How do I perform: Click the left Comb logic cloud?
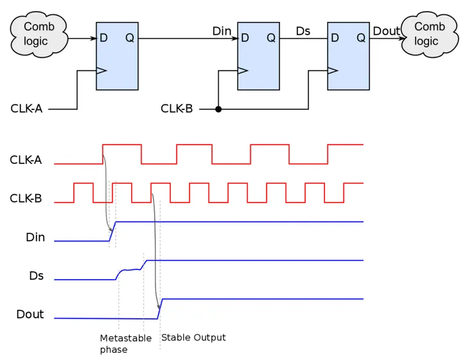39,34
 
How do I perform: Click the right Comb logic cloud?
429,34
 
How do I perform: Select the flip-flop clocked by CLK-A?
117,56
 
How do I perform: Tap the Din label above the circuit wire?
222,32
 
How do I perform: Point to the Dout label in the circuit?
386,31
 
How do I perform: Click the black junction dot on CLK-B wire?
218,109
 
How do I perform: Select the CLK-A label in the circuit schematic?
26,109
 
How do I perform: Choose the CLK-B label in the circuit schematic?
177,109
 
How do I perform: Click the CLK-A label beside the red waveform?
26,160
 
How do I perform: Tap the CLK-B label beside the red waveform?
26,199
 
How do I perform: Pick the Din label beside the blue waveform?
35,237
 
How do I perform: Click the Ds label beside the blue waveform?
36,276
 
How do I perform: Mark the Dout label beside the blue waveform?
30,314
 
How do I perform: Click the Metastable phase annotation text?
125,343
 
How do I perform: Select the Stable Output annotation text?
193,337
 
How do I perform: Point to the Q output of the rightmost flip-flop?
361,38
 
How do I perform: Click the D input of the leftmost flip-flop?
103,38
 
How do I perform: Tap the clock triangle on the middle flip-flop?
242,70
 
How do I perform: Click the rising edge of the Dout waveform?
160,309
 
